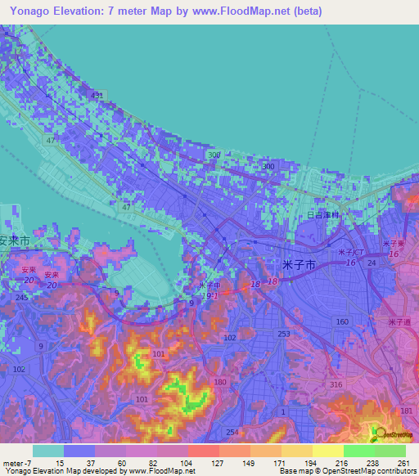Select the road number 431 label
(98, 96)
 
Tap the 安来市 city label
(15, 242)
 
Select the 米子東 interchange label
(397, 244)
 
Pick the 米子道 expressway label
(399, 321)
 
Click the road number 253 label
(284, 334)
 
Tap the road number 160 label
(342, 321)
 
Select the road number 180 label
(220, 382)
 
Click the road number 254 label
(232, 432)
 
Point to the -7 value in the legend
(20, 463)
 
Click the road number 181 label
(407, 410)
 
